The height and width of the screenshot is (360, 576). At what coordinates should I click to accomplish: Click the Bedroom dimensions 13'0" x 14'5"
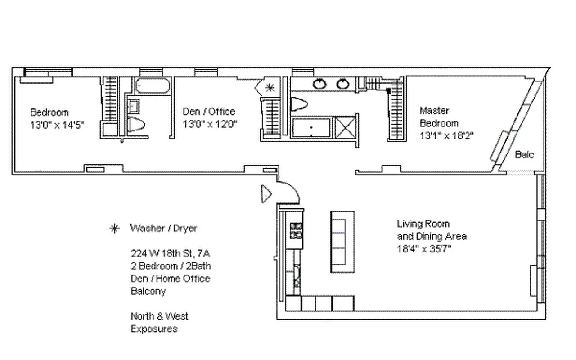pos(57,125)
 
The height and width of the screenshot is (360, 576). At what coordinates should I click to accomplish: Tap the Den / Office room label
pos(209,112)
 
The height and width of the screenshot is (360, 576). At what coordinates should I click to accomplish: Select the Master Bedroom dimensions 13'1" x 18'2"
pos(446,135)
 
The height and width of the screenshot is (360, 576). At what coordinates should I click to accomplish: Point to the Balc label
pos(524,155)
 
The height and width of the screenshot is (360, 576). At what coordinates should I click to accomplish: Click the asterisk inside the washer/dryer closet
pos(270,88)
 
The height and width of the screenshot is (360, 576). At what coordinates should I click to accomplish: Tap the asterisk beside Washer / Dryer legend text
pos(115,229)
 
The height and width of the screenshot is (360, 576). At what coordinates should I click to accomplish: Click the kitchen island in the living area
pos(342,241)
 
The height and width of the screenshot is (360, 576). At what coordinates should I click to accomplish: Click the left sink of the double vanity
pos(320,84)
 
